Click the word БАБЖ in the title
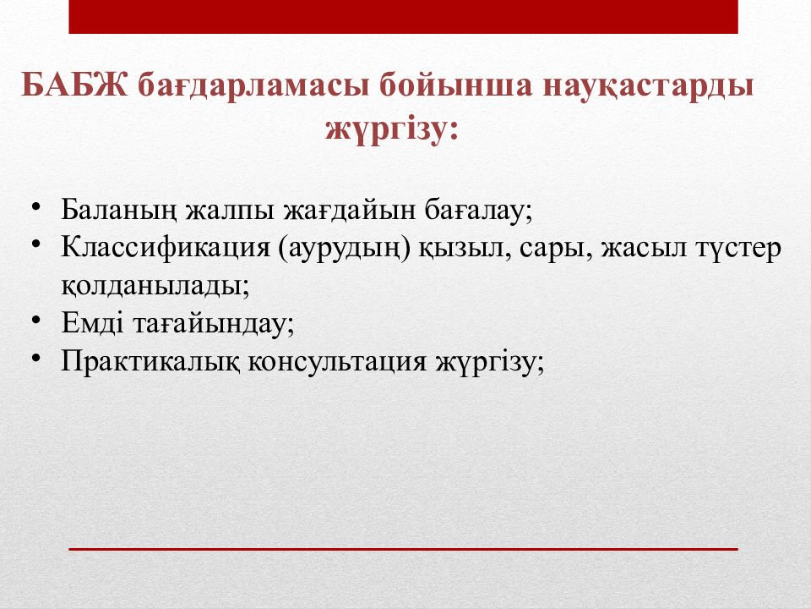pyautogui.click(x=74, y=85)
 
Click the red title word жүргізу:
pyautogui.click(x=391, y=129)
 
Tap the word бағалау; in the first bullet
pyautogui.click(x=479, y=211)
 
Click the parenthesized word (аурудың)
pyautogui.click(x=345, y=249)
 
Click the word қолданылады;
pyautogui.click(x=155, y=286)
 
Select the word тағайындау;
pyautogui.click(x=214, y=325)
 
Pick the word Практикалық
pyautogui.click(x=150, y=362)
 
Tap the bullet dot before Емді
pyautogui.click(x=35, y=320)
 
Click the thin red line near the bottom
pyautogui.click(x=404, y=549)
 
